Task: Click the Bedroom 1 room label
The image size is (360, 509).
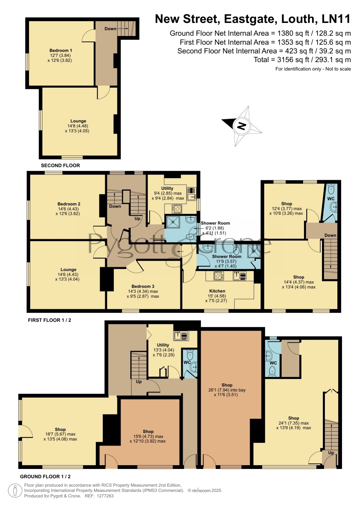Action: click(x=61, y=50)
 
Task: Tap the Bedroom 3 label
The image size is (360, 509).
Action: click(x=143, y=286)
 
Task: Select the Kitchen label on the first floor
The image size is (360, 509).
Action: click(x=217, y=291)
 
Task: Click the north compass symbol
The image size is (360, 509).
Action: click(x=242, y=126)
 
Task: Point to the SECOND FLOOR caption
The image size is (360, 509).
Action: click(x=60, y=165)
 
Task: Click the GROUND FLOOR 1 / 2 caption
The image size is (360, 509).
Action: click(x=45, y=477)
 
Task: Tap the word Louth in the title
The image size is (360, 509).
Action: click(x=299, y=19)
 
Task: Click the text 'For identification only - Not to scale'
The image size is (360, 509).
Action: click(x=313, y=69)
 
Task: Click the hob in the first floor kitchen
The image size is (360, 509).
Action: click(x=219, y=276)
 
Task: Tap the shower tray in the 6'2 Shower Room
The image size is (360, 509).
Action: click(x=173, y=222)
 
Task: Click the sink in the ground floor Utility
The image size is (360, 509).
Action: click(x=181, y=336)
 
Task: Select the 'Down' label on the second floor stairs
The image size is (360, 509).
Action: click(x=111, y=29)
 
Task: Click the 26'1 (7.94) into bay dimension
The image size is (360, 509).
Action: click(x=227, y=390)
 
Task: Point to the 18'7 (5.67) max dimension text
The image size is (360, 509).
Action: click(x=60, y=434)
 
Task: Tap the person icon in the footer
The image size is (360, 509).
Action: click(x=15, y=491)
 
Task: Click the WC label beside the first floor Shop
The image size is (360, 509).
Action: click(x=331, y=199)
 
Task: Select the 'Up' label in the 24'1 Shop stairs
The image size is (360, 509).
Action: click(x=331, y=453)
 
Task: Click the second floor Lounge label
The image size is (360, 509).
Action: click(x=78, y=121)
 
